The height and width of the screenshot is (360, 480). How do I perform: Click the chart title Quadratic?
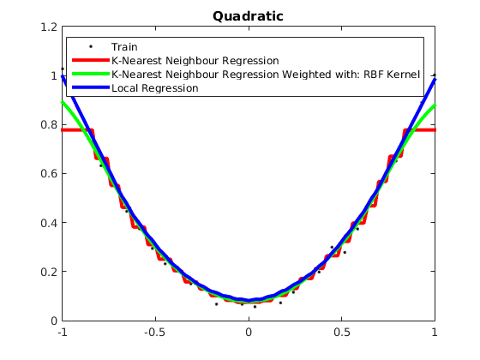pos(248,16)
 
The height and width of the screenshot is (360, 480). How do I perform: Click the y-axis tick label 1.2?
pos(49,27)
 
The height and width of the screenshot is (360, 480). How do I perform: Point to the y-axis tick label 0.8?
pos(49,124)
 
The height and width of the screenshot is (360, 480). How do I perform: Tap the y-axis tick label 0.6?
pos(49,173)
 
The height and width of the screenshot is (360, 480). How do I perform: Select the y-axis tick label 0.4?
pos(49,223)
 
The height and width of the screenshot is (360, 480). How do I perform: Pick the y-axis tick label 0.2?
pos(49,272)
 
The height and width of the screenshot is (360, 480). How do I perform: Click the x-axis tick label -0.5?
pos(155,332)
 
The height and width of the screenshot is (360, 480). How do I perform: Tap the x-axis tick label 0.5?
pos(342,332)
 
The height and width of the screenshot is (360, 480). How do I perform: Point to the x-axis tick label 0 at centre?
pos(249,332)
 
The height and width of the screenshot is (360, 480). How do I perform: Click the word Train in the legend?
pos(124,47)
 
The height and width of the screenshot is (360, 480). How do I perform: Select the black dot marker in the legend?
pos(91,47)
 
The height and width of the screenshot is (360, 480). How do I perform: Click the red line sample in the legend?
pos(91,60)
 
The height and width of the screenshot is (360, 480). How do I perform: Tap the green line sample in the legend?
pos(91,74)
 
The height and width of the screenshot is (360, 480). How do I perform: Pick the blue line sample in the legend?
pos(91,87)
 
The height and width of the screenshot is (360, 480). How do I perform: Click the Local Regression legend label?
pos(155,88)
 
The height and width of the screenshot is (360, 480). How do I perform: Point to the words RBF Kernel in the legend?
pos(392,75)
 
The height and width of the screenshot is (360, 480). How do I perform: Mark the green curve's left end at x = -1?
pos(63,102)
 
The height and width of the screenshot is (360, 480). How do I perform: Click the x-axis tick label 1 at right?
pos(435,332)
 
